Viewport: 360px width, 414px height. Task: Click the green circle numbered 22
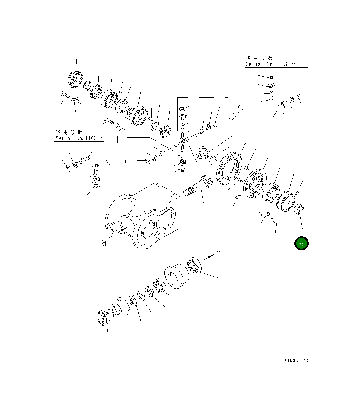[301, 244]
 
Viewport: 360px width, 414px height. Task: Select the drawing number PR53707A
[296, 361]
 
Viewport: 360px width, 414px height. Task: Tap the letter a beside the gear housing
[104, 243]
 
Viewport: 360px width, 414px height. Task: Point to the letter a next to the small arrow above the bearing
[218, 254]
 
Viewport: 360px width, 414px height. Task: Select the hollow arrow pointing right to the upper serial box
[237, 112]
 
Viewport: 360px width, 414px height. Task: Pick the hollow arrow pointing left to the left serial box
[115, 161]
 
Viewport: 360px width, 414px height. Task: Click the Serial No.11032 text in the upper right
[270, 64]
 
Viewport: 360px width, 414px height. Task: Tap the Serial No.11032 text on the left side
[80, 138]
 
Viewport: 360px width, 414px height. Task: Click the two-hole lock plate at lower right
[264, 215]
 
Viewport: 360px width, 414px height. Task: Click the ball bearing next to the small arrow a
[194, 266]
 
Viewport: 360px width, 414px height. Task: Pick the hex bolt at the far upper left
[64, 94]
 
